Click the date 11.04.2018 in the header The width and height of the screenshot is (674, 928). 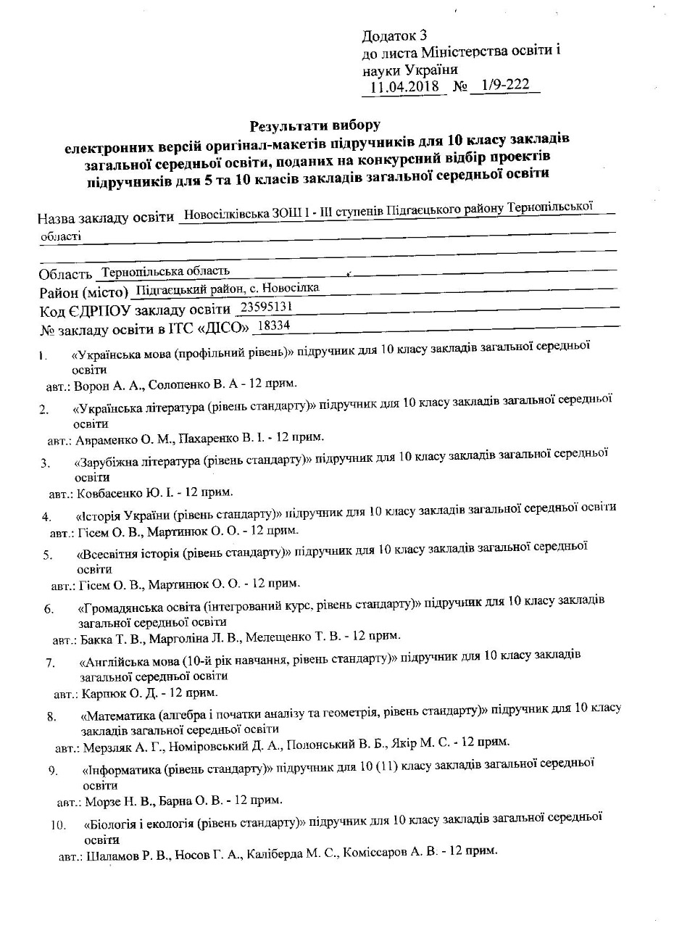click(405, 87)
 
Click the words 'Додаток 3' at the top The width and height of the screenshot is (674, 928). click(395, 35)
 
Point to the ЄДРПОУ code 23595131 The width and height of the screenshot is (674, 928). click(266, 307)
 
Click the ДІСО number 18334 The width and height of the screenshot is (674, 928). click(274, 326)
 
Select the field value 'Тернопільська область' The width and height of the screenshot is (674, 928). click(166, 272)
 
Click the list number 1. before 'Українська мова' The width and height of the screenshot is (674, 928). click(43, 356)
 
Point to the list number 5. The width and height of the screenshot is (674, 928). click(47, 555)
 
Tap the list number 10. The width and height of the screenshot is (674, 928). click(58, 825)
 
